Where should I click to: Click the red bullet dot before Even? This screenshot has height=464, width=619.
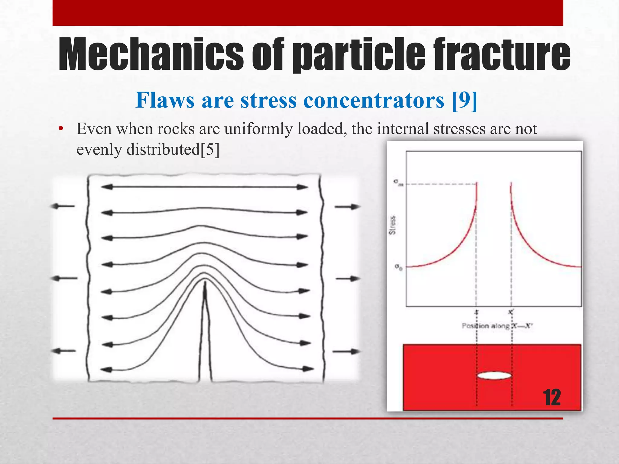tap(61, 129)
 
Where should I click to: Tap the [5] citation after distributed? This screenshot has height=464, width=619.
tap(210, 149)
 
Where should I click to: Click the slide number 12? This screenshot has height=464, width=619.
tap(552, 398)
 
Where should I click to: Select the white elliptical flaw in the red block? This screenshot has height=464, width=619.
tap(494, 376)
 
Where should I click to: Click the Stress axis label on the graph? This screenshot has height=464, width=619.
tap(392, 225)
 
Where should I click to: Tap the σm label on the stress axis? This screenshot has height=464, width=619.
tap(398, 183)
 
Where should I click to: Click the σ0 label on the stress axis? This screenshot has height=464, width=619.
tap(399, 267)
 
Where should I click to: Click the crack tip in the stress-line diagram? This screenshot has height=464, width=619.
tap(205, 283)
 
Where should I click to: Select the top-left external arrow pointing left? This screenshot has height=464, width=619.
tap(62, 206)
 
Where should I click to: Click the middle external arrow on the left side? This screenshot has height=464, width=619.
tap(64, 278)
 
